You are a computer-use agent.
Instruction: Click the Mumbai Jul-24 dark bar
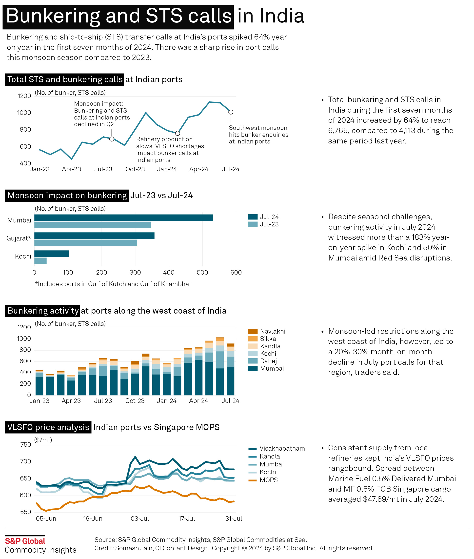pos(124,218)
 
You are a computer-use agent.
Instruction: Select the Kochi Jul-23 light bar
pos(40,261)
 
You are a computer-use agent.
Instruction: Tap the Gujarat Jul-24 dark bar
pos(94,236)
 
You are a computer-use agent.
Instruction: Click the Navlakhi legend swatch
pos(253,331)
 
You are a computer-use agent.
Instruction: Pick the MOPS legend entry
pos(268,480)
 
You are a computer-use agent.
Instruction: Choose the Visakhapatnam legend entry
pos(282,449)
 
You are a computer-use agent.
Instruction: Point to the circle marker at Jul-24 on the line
pos(231,112)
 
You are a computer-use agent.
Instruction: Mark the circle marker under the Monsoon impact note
pos(112,139)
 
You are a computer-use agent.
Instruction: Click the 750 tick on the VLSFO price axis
pos(25,444)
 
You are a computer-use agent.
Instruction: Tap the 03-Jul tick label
pos(140,519)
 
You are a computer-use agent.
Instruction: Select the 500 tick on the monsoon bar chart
pos(202,273)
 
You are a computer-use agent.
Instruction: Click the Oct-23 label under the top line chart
pos(135,169)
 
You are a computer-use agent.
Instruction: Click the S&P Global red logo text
pos(25,541)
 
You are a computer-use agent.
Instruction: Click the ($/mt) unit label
pos(43,440)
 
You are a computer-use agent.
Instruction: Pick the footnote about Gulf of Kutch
pos(113,284)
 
